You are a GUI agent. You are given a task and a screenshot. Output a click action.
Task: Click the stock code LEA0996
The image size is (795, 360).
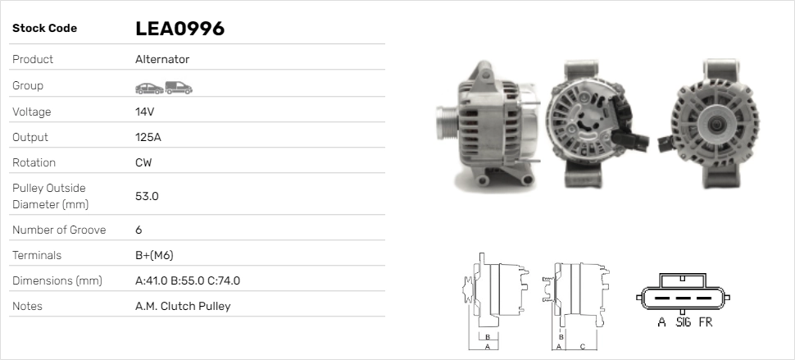pyautogui.click(x=180, y=29)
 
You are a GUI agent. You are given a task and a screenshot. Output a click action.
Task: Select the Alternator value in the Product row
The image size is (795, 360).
pyautogui.click(x=162, y=59)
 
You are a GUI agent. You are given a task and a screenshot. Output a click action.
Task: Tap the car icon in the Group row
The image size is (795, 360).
pyautogui.click(x=149, y=89)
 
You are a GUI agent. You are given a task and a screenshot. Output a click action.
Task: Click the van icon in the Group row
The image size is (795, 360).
pyautogui.click(x=179, y=88)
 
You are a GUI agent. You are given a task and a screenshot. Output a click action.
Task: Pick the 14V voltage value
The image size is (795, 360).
pyautogui.click(x=144, y=112)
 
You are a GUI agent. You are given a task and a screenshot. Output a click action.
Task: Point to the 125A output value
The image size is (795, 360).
pyautogui.click(x=148, y=138)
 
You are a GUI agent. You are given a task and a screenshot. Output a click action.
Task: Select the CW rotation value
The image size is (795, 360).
pyautogui.click(x=143, y=162)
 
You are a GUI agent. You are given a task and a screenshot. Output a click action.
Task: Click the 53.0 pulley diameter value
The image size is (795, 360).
pyautogui.click(x=147, y=196)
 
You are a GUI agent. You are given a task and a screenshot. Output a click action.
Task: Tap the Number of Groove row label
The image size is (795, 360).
pyautogui.click(x=59, y=230)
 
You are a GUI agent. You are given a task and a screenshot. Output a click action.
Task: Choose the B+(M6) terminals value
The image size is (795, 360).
pyautogui.click(x=154, y=256)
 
